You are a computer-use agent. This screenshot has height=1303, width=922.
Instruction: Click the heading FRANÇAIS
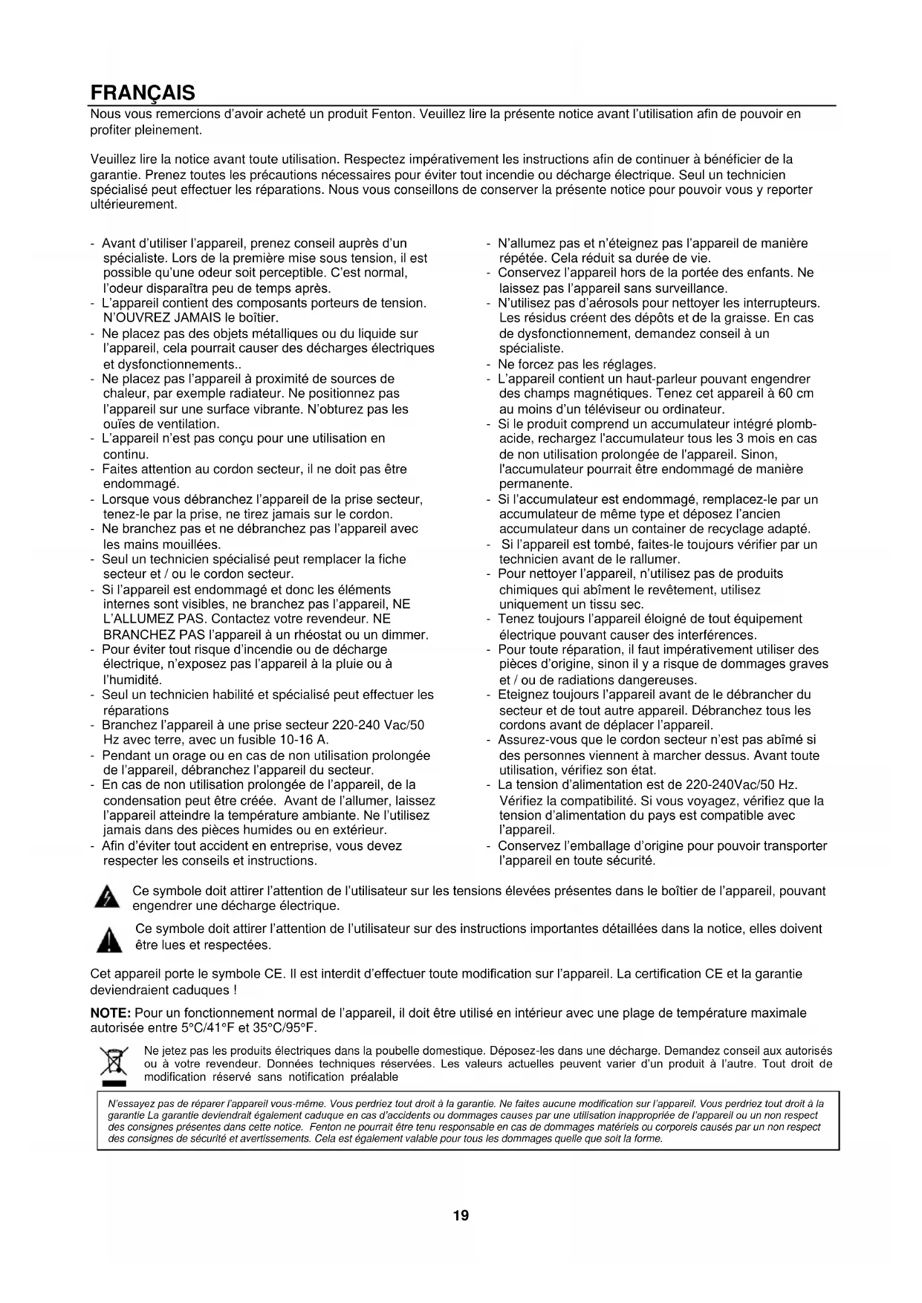(143, 93)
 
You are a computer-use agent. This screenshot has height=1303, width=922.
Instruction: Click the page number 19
(461, 1215)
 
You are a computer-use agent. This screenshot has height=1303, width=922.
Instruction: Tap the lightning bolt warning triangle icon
(108, 897)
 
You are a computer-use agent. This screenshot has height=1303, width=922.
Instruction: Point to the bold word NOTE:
(111, 1013)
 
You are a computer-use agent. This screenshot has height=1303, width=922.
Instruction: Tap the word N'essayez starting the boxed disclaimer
(131, 1104)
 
